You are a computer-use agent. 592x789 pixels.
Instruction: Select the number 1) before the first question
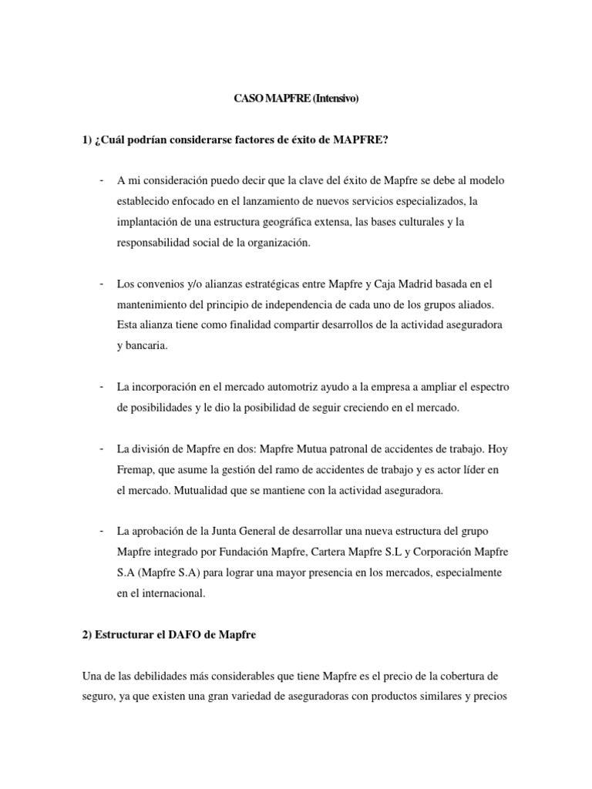[x=86, y=139]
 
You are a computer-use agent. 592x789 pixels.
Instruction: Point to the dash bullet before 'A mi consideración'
[x=102, y=180]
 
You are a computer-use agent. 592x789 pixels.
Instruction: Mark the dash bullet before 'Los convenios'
[x=102, y=283]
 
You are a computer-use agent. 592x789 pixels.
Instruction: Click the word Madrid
[x=399, y=284]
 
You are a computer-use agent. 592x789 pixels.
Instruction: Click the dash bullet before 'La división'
[x=102, y=448]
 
